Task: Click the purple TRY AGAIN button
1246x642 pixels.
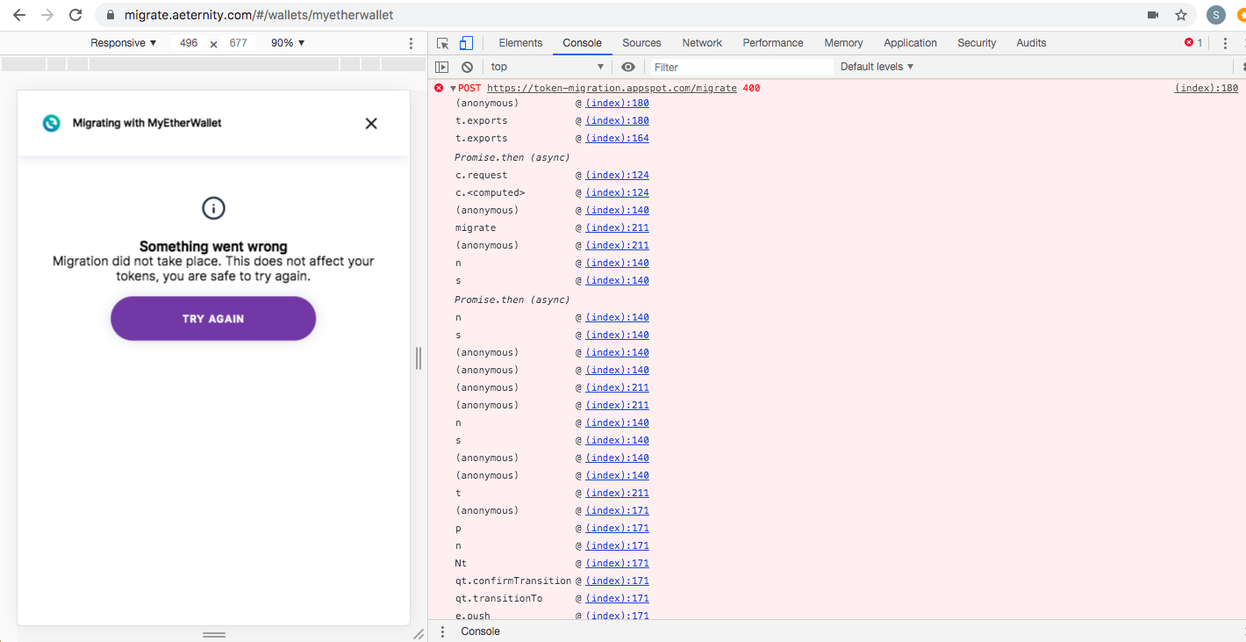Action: [213, 319]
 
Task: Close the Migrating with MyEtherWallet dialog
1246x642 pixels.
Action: [371, 124]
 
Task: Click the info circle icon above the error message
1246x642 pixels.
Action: [213, 208]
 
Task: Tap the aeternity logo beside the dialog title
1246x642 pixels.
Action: [52, 123]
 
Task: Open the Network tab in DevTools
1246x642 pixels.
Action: [701, 43]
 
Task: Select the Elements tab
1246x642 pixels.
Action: [520, 43]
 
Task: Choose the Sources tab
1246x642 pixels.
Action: [641, 43]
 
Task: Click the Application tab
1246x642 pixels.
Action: [910, 43]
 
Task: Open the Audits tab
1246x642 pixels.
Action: [1031, 43]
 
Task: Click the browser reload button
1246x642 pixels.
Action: [75, 15]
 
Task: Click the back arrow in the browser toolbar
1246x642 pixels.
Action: [19, 15]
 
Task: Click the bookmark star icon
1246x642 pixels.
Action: [1181, 15]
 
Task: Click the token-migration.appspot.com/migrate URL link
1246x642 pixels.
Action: [612, 88]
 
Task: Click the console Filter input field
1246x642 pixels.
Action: [741, 68]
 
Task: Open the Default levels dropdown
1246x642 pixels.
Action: [877, 67]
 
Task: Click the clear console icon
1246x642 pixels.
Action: [467, 67]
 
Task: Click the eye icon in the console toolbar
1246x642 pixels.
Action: [628, 67]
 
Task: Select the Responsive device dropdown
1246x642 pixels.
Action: [123, 43]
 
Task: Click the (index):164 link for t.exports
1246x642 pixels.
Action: [617, 138]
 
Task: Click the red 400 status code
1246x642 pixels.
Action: [751, 88]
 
